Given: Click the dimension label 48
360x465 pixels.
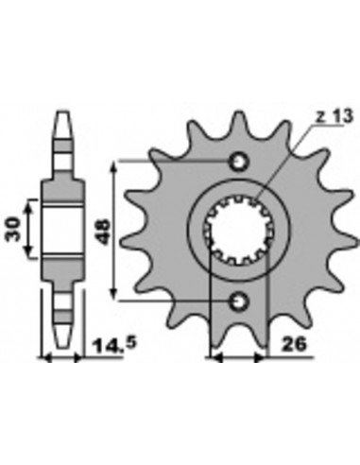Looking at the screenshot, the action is coord(104,232).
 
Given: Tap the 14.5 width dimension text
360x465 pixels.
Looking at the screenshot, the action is coord(114,345).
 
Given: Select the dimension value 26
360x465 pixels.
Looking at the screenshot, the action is coord(294,344).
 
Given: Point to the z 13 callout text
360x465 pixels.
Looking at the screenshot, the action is coord(334,116).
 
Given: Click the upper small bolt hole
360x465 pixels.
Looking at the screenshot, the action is coord(239,162).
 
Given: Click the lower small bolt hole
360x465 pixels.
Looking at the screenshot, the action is coord(239,301).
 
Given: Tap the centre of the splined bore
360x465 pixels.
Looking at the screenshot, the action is coord(239,230).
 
